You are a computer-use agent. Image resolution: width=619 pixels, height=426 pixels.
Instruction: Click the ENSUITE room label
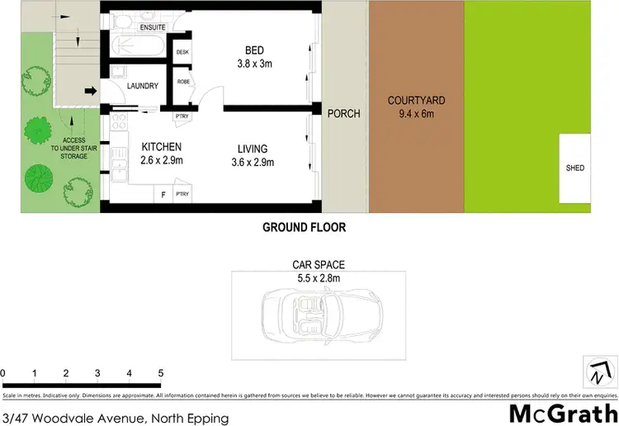pos(154,27)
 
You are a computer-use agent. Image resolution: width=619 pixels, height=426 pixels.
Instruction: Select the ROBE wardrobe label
pos(182,83)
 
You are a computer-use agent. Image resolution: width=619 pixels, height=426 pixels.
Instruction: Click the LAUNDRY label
pos(142,86)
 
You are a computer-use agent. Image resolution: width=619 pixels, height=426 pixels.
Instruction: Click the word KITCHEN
pos(161,147)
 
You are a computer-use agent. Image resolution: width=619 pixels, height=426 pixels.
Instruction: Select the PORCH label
pos(344,113)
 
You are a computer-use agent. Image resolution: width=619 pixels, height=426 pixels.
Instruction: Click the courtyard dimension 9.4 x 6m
pos(417,114)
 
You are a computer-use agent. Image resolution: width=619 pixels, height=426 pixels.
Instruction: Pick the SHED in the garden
pos(575,168)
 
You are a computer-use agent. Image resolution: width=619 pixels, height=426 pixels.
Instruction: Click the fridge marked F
pos(163,195)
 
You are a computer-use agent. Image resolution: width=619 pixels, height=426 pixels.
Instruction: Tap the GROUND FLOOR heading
pos(304,227)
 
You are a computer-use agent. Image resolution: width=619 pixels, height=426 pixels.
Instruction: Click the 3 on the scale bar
pos(97,373)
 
